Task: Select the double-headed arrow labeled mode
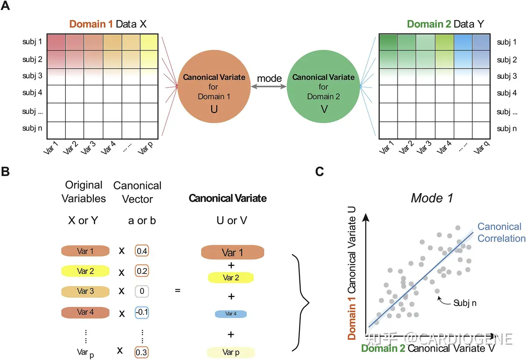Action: pyautogui.click(x=269, y=87)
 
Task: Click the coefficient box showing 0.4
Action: pyautogui.click(x=142, y=251)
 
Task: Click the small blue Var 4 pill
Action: pyautogui.click(x=231, y=314)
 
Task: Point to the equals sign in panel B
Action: pyautogui.click(x=178, y=290)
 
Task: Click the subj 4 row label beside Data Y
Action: pyautogui.click(x=507, y=93)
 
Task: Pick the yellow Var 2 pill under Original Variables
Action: pyautogui.click(x=85, y=272)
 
